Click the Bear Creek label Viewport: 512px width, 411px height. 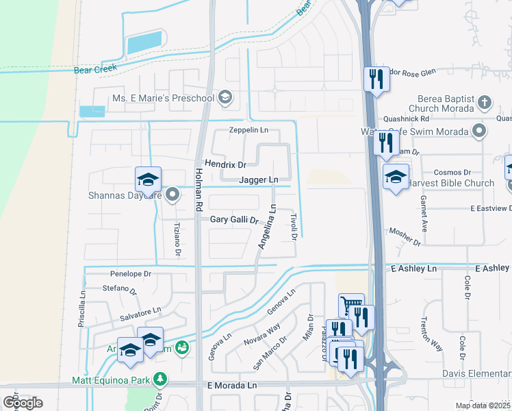tap(95, 68)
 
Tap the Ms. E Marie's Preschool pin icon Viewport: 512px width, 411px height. tap(225, 99)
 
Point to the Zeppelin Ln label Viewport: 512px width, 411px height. tap(248, 129)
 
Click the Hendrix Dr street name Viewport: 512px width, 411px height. tap(225, 165)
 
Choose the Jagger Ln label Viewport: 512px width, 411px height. tap(259, 180)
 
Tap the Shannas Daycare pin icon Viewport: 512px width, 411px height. tap(172, 195)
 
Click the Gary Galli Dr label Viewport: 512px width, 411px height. tap(234, 220)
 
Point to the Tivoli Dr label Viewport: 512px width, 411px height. tap(293, 226)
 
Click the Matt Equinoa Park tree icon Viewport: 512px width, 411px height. tap(160, 378)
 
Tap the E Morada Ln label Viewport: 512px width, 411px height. tap(231, 386)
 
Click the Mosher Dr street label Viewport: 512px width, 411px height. tap(405, 236)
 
